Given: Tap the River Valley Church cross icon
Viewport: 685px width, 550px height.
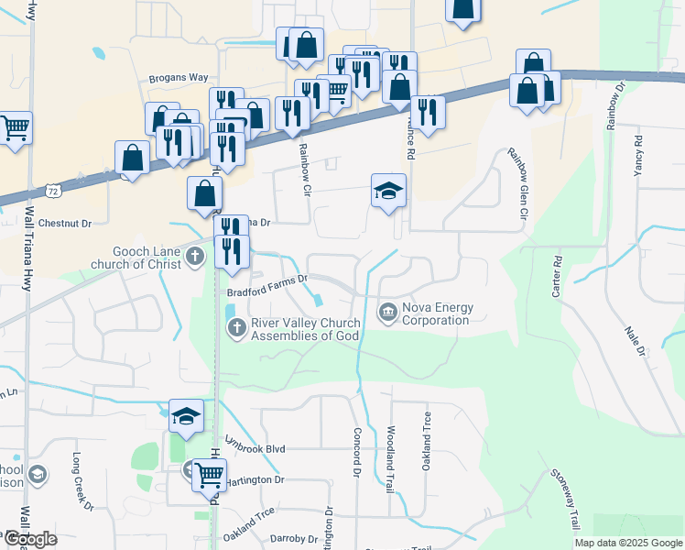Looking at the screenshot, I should pyautogui.click(x=236, y=327).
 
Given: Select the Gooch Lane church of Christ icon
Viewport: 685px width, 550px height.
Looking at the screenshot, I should pyautogui.click(x=194, y=256).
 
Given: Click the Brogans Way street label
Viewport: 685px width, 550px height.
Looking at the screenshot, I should pyautogui.click(x=179, y=79).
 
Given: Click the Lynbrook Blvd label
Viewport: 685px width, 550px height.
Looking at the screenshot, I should pyautogui.click(x=256, y=449).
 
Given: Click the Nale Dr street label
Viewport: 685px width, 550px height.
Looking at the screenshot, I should pyautogui.click(x=635, y=340).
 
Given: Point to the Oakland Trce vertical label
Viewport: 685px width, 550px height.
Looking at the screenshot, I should pyautogui.click(x=427, y=442).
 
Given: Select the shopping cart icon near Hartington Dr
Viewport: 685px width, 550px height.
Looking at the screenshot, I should pyautogui.click(x=209, y=475).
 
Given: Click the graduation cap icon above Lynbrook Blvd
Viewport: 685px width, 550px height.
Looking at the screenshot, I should pyautogui.click(x=186, y=417).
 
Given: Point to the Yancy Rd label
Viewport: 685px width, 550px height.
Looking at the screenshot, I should pyautogui.click(x=637, y=156).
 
